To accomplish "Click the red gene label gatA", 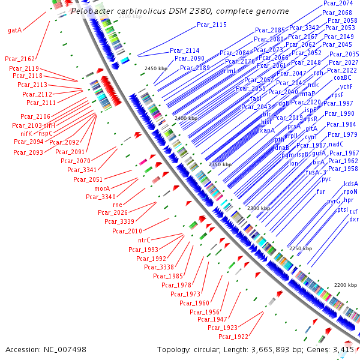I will (16, 29).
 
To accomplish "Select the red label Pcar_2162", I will (20, 59).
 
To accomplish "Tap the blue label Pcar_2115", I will (211, 25).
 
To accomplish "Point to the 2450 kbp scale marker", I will (156, 69).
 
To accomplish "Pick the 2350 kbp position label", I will (220, 164).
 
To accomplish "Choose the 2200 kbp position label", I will (345, 284).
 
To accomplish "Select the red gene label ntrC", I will (140, 240).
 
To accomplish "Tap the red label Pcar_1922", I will (233, 337).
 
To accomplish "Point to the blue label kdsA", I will (351, 184).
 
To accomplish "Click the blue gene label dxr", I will (354, 219).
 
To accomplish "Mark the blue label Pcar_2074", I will (338, 4).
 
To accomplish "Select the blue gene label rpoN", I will (350, 192).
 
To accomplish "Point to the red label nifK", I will (30, 134).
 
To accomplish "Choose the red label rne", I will (118, 205).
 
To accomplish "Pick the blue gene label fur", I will (321, 192).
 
